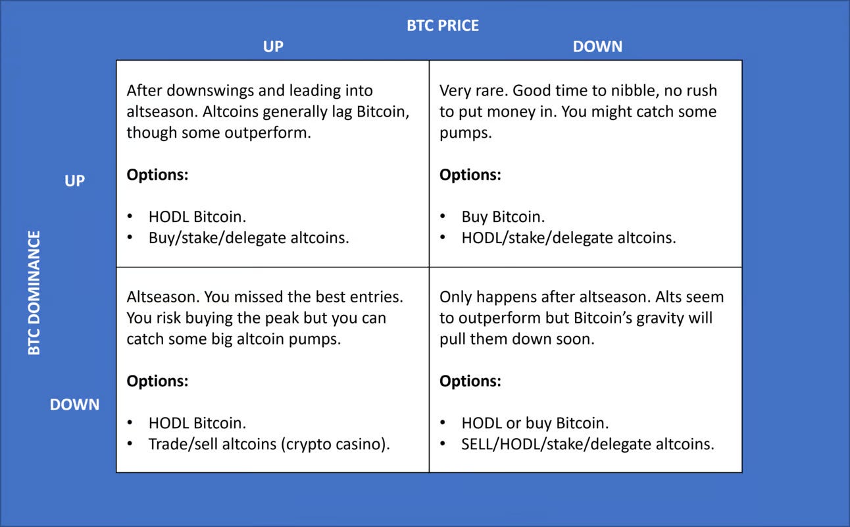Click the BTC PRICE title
(443, 26)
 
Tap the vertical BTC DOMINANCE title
(34, 293)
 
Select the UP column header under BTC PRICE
(272, 47)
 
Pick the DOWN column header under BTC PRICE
(597, 47)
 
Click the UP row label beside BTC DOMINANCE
(74, 180)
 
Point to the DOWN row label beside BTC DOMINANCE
(74, 404)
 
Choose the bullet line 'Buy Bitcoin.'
(503, 217)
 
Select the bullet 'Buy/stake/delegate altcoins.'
(249, 238)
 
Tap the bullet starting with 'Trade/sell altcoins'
(268, 444)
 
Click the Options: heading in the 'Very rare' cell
(470, 175)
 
